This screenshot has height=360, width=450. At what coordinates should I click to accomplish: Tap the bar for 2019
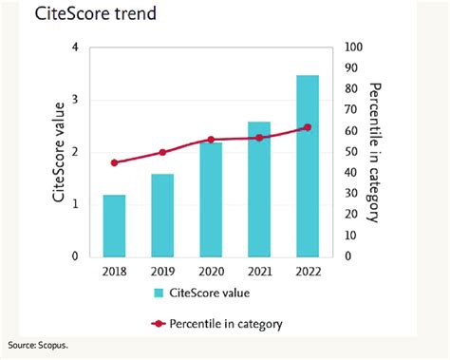point(162,215)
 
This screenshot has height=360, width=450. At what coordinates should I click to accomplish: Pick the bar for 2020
point(211,199)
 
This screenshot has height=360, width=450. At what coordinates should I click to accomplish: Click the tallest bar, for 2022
point(307,166)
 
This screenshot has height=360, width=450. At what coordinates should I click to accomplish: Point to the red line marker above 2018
point(115,162)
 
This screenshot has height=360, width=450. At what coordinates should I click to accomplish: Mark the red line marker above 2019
point(162,152)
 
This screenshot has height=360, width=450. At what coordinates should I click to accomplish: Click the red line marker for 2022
point(307,127)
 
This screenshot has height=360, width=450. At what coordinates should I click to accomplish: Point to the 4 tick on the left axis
point(76,47)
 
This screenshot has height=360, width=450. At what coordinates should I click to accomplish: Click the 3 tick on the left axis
point(76,100)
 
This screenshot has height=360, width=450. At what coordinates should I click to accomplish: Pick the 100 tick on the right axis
point(352,47)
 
